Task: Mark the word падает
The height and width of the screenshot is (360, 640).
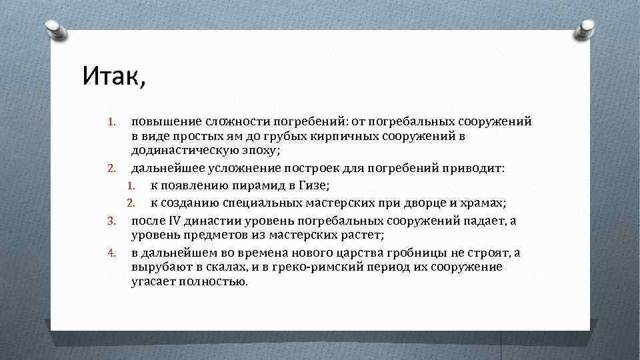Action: coord(481,219)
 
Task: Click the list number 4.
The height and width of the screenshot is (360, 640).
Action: coord(113,253)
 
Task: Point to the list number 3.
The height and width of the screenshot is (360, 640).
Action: coord(113,220)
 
